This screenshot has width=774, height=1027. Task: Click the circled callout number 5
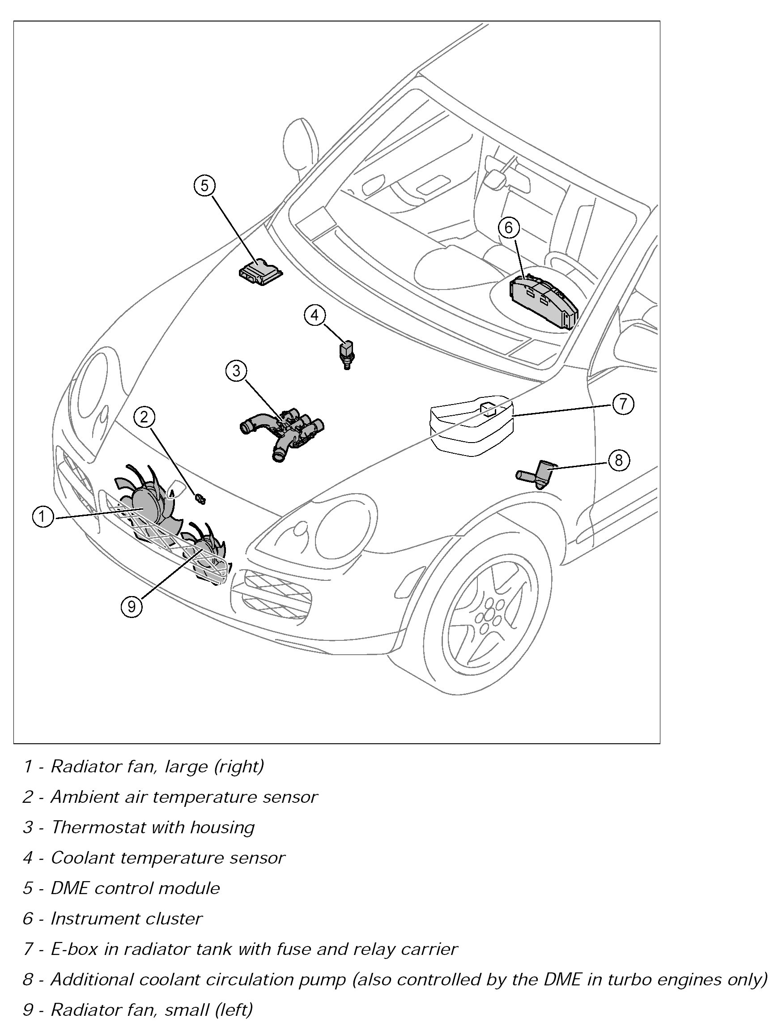click(205, 186)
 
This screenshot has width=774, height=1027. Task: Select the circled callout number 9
click(132, 606)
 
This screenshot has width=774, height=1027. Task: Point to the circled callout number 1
click(43, 516)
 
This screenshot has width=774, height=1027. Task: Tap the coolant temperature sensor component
click(346, 354)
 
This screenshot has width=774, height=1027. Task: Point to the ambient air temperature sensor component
click(201, 499)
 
